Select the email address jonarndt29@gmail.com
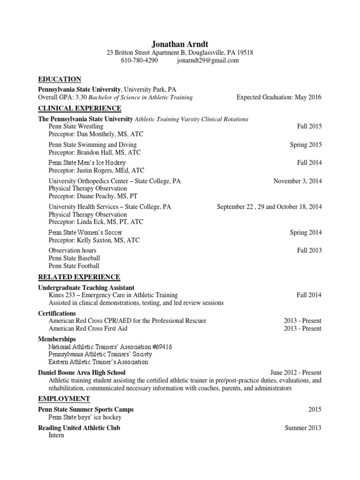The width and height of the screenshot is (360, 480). pos(208,60)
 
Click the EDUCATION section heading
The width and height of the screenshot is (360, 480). pos(60,79)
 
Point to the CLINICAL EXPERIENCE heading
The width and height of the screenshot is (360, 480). pos(79,109)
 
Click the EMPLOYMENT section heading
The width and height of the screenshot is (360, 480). pos(64,399)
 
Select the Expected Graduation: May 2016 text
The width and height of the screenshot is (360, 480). pos(279,97)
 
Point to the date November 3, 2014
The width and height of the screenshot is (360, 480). pos(298,181)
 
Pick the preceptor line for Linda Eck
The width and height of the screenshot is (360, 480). pos(96,222)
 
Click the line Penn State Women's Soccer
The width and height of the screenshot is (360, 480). pos(85,232)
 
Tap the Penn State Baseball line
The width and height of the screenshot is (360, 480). pos(74,258)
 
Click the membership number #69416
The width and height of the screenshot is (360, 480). pos(160,347)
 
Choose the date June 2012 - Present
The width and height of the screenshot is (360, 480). pos(296,373)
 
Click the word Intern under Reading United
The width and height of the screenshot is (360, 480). pos(56,435)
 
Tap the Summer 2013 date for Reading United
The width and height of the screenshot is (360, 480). pos(303,428)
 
